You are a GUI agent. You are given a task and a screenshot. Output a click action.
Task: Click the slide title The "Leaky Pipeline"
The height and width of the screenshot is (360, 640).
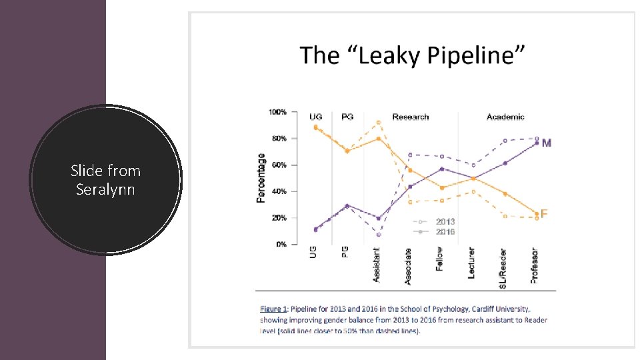point(412,55)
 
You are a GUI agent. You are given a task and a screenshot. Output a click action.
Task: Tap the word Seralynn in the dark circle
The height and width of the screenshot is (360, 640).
point(105,189)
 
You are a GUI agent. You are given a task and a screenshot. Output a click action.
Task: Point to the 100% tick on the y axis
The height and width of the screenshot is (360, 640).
point(278,111)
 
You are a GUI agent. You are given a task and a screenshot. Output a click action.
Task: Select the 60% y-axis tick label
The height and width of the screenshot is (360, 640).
point(279,165)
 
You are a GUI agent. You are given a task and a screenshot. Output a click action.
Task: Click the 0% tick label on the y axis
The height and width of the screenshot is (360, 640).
point(281,245)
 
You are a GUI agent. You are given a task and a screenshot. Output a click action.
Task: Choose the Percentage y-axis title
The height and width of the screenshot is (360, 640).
point(261,178)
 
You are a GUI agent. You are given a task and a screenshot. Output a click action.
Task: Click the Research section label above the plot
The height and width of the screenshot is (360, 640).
point(411,117)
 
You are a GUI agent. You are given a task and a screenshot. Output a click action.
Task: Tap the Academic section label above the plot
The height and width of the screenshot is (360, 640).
point(505,117)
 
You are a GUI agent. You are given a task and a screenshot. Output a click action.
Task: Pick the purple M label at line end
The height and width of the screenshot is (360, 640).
point(547,143)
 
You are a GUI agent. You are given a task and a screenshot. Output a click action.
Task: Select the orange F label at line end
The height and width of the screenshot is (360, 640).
point(545,214)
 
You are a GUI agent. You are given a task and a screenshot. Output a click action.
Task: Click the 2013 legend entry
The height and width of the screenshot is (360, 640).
point(445,221)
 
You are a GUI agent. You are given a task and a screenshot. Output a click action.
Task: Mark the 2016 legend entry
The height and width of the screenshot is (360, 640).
point(445,231)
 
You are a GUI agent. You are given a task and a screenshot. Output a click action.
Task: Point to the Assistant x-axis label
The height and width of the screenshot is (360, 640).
point(377,265)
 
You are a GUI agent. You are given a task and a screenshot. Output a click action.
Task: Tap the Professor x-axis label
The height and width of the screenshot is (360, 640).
point(535,265)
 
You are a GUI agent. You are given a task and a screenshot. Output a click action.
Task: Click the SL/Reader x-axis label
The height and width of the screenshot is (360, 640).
point(503,268)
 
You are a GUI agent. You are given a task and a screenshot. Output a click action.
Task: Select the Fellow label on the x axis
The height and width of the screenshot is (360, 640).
point(440,259)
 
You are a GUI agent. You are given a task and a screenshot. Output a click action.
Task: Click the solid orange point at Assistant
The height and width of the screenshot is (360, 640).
point(379,139)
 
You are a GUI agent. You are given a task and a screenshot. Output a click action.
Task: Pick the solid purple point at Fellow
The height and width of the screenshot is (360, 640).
point(441,169)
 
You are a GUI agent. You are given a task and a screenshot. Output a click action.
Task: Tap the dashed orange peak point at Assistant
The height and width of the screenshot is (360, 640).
point(379,123)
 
